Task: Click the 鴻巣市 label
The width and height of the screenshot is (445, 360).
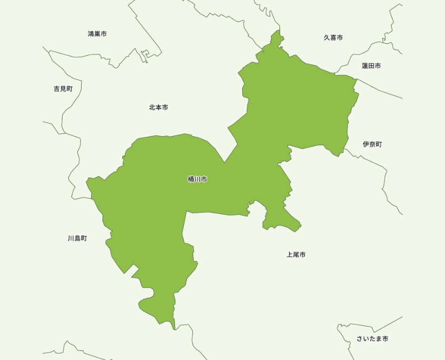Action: pos(97,34)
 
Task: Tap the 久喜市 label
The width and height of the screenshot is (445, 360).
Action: pos(333,38)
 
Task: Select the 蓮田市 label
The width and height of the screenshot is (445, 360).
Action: pos(371,66)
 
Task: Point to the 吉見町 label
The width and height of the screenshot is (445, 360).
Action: pos(63,89)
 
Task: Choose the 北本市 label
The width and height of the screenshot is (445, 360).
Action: pos(159,107)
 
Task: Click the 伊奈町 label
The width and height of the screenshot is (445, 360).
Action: pos(372,144)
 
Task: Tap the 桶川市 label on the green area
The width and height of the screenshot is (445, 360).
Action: pos(197,179)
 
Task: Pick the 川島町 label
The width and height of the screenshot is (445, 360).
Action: pos(77,238)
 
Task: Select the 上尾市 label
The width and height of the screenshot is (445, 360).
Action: pos(296,255)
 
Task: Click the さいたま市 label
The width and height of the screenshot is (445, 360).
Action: pos(372,339)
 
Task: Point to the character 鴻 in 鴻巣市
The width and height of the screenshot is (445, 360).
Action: pos(91,34)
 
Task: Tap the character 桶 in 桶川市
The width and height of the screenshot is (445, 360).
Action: pos(191,179)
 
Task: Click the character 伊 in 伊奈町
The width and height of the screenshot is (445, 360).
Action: pos(366,144)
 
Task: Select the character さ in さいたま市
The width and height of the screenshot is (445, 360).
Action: pos(360,339)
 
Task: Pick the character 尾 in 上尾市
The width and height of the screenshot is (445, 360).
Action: pos(296,255)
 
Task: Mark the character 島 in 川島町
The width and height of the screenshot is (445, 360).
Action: pos(77,238)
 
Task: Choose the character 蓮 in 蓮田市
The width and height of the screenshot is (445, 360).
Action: pos(364,66)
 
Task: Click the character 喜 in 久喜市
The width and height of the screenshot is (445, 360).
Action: pos(333,38)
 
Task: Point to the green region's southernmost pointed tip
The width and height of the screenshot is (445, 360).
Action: pos(174,328)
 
